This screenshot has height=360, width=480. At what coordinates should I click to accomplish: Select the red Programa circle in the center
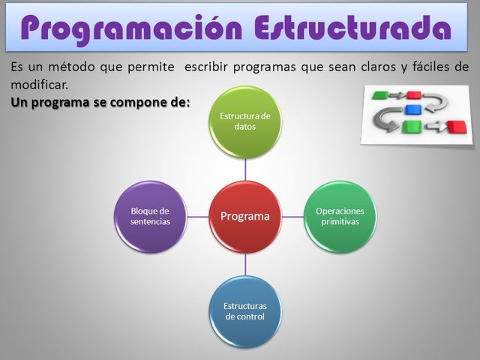point(245,217)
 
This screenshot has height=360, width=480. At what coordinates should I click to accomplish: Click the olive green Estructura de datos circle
point(245,121)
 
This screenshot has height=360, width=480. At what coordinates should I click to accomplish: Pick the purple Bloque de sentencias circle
point(150,217)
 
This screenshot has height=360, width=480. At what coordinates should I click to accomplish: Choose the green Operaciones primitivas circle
point(340,217)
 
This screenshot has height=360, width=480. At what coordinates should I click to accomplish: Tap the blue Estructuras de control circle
point(245,311)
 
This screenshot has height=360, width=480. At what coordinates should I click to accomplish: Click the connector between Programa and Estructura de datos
point(245,169)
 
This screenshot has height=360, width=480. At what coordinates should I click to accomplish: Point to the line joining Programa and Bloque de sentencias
point(197,217)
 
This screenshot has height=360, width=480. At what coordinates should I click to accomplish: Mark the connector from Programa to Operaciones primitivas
point(292,217)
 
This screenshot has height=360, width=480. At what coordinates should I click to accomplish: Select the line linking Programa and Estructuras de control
point(245,264)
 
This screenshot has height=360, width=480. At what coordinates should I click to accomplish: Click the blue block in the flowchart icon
point(412,110)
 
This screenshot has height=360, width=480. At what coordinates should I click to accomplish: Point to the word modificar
point(39,84)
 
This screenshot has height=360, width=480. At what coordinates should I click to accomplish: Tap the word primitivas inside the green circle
point(340,222)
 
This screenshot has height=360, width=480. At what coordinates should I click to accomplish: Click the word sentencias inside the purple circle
point(150,222)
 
